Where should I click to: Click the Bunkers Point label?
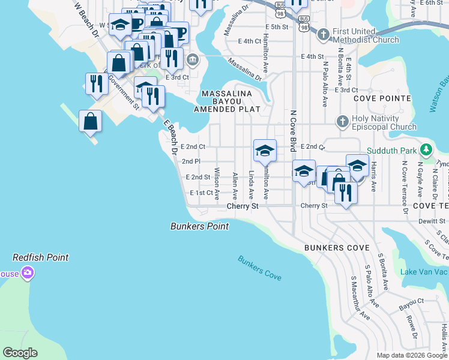199,226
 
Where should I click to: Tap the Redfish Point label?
41,257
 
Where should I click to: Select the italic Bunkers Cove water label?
259,268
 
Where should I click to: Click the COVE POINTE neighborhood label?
382,98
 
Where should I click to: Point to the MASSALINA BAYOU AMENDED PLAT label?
227,101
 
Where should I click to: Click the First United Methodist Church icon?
324,35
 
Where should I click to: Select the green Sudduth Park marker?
426,149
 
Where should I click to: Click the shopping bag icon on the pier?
90,122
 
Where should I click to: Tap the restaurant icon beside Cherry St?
345,193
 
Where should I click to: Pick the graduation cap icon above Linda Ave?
265,151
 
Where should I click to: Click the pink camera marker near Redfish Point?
27,274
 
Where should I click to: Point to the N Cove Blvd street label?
294,130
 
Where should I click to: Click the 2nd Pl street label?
191,161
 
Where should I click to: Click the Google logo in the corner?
20,353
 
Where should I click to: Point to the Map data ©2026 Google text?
412,355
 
